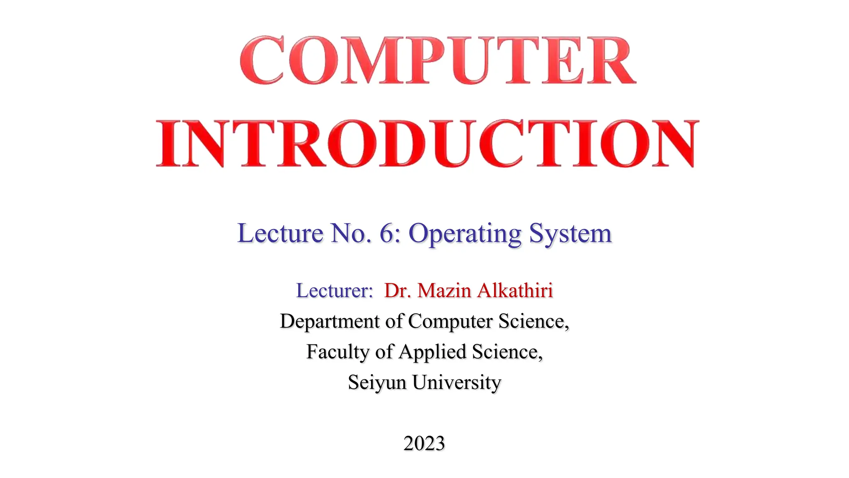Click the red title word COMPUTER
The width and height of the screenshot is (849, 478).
tap(438, 61)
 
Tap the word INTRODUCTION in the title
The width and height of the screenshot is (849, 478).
tap(427, 144)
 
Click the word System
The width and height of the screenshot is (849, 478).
tap(570, 234)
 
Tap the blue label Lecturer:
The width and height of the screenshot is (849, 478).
tap(335, 290)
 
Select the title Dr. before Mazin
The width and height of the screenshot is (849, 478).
tap(398, 290)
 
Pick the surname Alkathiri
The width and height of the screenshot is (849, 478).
tap(515, 290)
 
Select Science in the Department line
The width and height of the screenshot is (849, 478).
tap(534, 321)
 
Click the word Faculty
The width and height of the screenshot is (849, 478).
tap(338, 352)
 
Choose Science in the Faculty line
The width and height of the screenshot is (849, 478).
tap(507, 352)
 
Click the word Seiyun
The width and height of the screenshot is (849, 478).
tap(377, 382)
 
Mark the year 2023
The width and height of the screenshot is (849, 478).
tap(424, 443)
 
